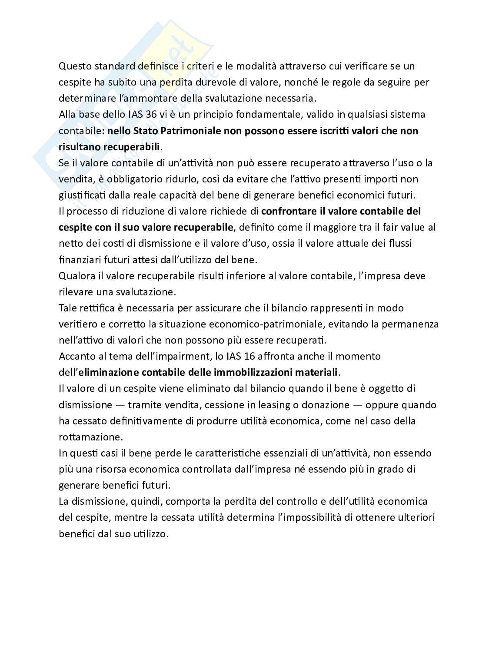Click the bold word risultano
[79, 147]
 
